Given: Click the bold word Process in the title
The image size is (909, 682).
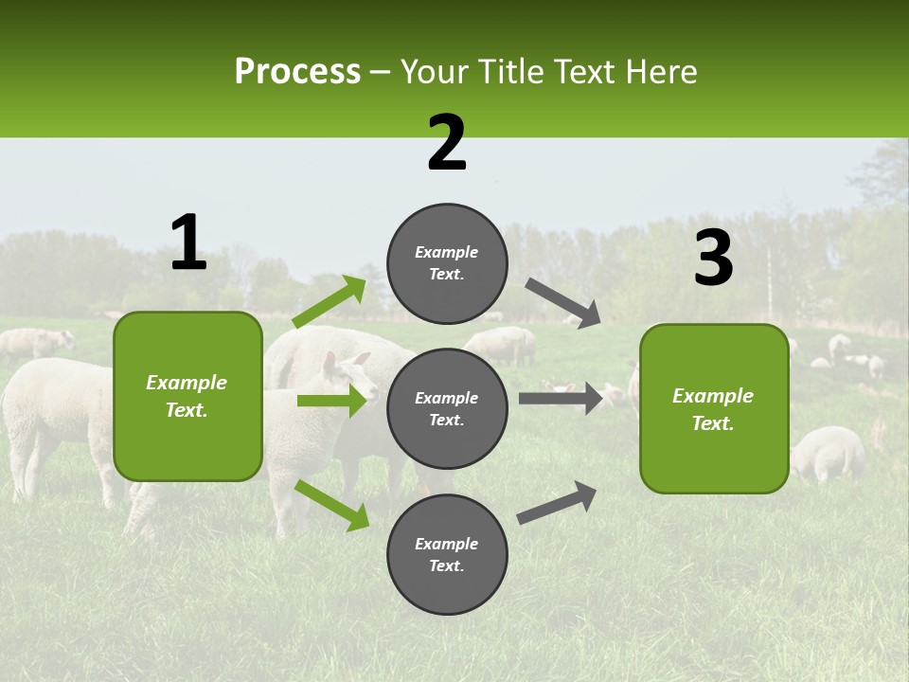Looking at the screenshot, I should coord(297,72).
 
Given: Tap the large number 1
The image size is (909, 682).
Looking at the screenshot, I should coord(188,243).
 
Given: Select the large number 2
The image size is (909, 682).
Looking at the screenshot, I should coord(447,143).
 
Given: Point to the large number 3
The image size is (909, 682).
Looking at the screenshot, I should coord(713,259).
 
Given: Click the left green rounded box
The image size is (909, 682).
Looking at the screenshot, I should coord(187,396).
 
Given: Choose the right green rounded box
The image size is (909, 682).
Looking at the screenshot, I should coord(714,408).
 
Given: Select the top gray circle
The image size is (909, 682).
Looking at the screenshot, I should coord(447,263).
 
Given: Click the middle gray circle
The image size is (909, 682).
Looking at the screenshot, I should coord(447,408).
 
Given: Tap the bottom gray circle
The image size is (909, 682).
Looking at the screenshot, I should coord(447,554).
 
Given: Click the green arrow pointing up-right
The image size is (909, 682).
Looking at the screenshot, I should coord(330,302).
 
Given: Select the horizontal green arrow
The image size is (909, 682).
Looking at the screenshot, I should coord(331,401).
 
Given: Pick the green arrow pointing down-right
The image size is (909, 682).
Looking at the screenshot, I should coord(331,505).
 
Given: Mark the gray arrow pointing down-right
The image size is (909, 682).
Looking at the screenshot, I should coord(562,302).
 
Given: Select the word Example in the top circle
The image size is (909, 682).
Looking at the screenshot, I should coord(447,253).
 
